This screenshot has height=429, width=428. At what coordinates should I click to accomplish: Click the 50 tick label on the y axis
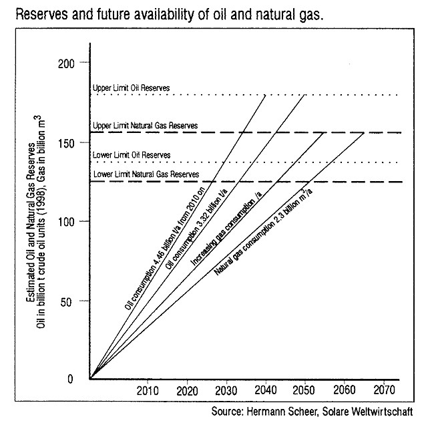click(x=75, y=301)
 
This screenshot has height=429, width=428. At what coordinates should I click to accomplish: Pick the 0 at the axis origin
click(x=79, y=379)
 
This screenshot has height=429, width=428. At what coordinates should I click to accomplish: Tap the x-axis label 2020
click(x=187, y=390)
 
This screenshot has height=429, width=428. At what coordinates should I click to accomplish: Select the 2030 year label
click(x=226, y=390)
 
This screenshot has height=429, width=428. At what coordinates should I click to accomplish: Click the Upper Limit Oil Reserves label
click(x=131, y=88)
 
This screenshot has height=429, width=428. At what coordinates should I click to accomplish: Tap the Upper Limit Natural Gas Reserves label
click(x=146, y=126)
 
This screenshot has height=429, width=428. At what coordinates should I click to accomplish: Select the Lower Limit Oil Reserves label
click(x=131, y=155)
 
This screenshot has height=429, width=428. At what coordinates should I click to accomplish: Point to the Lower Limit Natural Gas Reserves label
click(x=146, y=174)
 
